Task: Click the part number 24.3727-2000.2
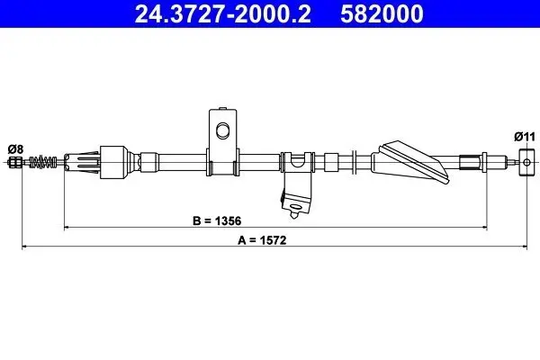pyautogui.click(x=223, y=13)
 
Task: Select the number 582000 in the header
pyautogui.click(x=382, y=13)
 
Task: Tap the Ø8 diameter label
pyautogui.click(x=15, y=149)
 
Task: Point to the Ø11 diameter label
pyautogui.click(x=525, y=137)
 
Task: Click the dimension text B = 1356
pyautogui.click(x=217, y=220)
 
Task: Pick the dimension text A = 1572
pyautogui.click(x=262, y=240)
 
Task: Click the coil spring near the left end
pyautogui.click(x=43, y=162)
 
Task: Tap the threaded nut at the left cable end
pyautogui.click(x=14, y=162)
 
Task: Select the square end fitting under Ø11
pyautogui.click(x=526, y=162)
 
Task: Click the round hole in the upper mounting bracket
pyautogui.click(x=222, y=130)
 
